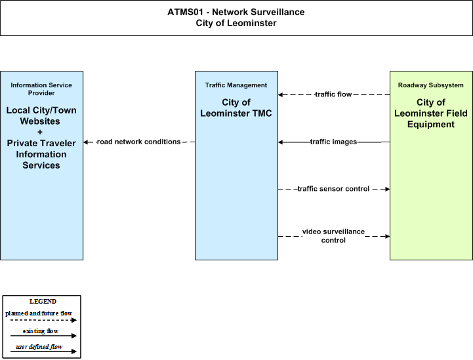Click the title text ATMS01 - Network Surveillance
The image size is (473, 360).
coord(236,12)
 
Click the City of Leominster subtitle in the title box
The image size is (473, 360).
coord(236,23)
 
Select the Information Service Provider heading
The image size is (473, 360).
coord(41,89)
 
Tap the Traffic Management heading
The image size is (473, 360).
coord(236,85)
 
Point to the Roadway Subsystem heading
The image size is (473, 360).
coord(431,85)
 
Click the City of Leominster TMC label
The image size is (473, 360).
coord(236,108)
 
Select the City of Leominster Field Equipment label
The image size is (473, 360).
coord(431,113)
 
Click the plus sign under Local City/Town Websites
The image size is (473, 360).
coord(40,132)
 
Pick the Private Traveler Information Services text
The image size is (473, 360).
coord(41,154)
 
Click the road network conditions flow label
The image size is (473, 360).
coord(139,142)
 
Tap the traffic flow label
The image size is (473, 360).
coord(333,94)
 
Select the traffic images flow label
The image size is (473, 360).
coord(334,142)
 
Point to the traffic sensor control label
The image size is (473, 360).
coord(333,189)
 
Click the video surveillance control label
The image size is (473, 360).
coord(333,236)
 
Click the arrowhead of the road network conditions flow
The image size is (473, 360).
coord(86,142)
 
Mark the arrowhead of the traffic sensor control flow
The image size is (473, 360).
coord(387,189)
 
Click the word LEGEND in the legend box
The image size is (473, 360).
coord(43,302)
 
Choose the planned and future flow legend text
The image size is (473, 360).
coord(39,313)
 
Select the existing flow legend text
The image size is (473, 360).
coord(41,331)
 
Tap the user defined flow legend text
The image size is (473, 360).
coord(39,347)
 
